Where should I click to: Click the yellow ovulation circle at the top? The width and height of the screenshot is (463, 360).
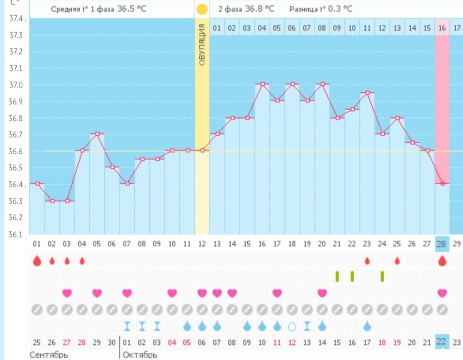click(202, 9)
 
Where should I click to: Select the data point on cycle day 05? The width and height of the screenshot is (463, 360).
click(97, 134)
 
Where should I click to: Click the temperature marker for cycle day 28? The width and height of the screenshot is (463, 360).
click(443, 183)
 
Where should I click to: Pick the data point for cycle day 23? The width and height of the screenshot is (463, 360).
click(367, 93)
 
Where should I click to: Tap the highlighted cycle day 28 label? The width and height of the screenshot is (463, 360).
click(442, 244)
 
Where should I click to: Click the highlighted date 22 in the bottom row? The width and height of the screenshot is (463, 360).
click(442, 342)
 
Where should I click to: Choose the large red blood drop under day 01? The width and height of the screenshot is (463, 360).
click(37, 261)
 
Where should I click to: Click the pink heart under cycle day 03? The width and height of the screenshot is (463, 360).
click(67, 293)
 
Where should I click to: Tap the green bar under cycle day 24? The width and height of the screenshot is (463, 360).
click(382, 276)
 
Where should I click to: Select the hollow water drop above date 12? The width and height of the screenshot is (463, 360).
click(292, 326)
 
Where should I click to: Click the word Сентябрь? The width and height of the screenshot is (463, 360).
click(49, 355)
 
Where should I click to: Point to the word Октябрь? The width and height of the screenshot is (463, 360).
click(140, 355)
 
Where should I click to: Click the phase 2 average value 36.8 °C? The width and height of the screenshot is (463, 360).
click(259, 9)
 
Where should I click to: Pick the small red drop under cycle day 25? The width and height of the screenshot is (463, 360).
click(397, 261)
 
